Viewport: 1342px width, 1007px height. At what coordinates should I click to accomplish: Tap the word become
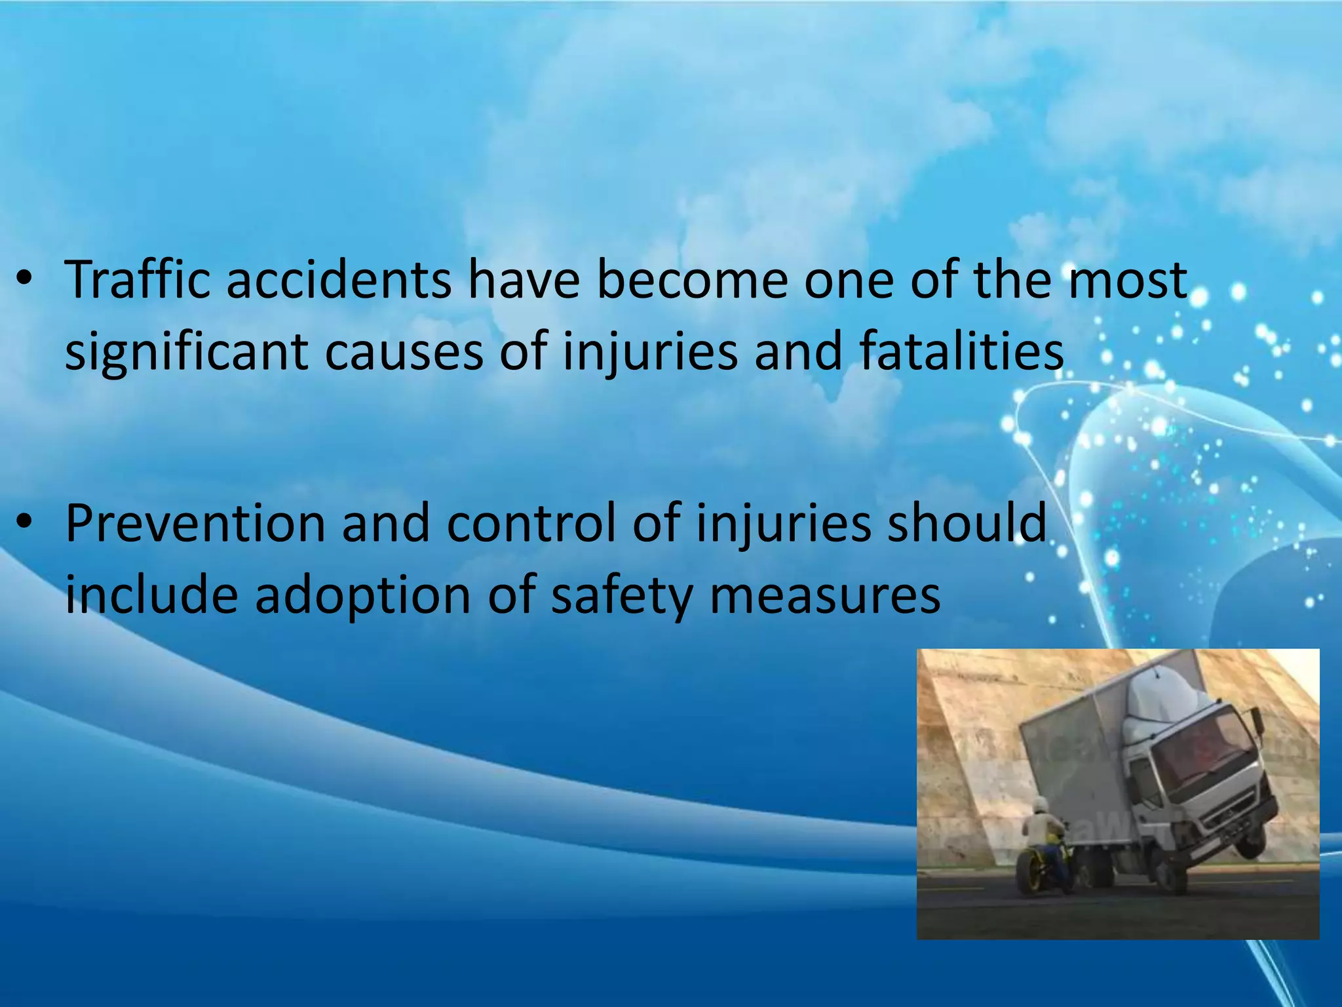click(x=692, y=281)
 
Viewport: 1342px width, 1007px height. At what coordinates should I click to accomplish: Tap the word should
click(x=967, y=524)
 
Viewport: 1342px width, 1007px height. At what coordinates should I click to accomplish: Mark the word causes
click(x=404, y=353)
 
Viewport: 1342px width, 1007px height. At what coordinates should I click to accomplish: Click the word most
click(x=1127, y=281)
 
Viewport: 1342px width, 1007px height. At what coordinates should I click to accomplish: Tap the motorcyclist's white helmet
click(x=1040, y=806)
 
